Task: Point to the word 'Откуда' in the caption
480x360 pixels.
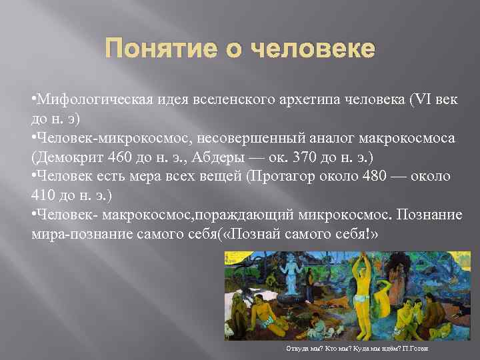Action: tap(295, 349)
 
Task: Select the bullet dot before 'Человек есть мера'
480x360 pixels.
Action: tap(33, 177)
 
